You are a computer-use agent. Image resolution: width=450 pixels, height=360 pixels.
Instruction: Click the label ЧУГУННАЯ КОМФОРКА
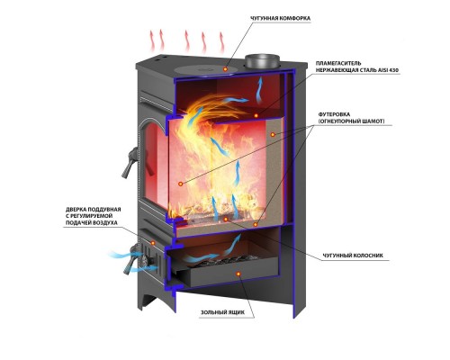280,19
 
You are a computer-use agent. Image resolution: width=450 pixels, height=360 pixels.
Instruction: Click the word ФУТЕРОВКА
334,114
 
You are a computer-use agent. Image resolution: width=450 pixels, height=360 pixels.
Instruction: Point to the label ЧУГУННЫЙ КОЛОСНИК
353,256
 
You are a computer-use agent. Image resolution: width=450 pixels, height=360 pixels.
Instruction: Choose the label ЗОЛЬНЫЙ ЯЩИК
222,312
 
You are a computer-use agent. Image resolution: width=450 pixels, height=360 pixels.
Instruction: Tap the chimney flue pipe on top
263,61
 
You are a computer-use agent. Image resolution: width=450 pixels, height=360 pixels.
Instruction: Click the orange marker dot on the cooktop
225,69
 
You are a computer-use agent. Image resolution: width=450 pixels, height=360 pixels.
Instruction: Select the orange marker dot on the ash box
238,274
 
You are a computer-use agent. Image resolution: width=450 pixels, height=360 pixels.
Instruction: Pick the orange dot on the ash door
153,242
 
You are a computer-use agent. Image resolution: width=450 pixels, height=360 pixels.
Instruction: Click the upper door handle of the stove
130,163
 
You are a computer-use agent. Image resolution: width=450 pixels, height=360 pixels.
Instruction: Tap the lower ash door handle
131,259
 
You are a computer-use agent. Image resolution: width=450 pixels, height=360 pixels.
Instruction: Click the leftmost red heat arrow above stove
152,40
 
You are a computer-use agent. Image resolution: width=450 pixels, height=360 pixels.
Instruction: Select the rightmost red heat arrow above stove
222,42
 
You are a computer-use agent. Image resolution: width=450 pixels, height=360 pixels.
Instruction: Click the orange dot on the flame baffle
256,115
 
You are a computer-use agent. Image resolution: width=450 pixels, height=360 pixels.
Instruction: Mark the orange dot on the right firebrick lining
273,135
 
